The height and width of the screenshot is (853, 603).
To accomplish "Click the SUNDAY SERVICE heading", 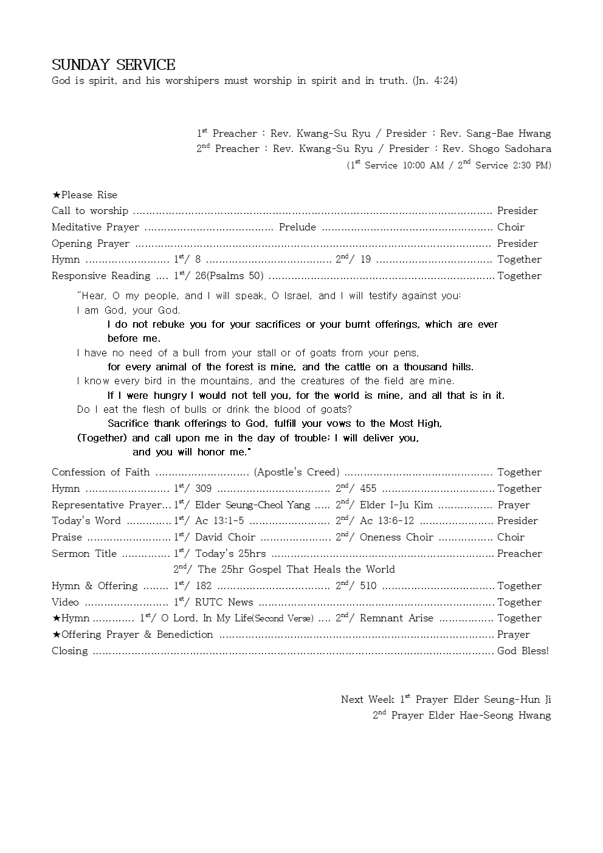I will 114,65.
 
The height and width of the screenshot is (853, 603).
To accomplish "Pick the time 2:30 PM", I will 532,165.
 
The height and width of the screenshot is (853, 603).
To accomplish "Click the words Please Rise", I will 89,195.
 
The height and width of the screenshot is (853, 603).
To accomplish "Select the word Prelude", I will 297,227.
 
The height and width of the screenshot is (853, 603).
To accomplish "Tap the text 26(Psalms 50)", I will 229,276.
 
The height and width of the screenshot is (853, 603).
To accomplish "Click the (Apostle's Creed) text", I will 297,472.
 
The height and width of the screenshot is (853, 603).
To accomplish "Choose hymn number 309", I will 203,489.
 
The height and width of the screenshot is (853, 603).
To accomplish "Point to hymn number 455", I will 368,489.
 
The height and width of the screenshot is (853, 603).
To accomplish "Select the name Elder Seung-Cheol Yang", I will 252,505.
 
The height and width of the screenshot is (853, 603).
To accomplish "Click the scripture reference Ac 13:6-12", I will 387,521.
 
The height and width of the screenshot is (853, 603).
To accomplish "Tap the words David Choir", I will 225,537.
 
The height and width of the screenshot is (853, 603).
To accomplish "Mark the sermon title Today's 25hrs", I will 230,554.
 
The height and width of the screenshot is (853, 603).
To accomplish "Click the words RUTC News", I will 224,603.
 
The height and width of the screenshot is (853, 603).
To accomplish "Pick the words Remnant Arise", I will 396,618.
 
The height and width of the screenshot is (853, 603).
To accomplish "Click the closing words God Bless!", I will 523,651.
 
